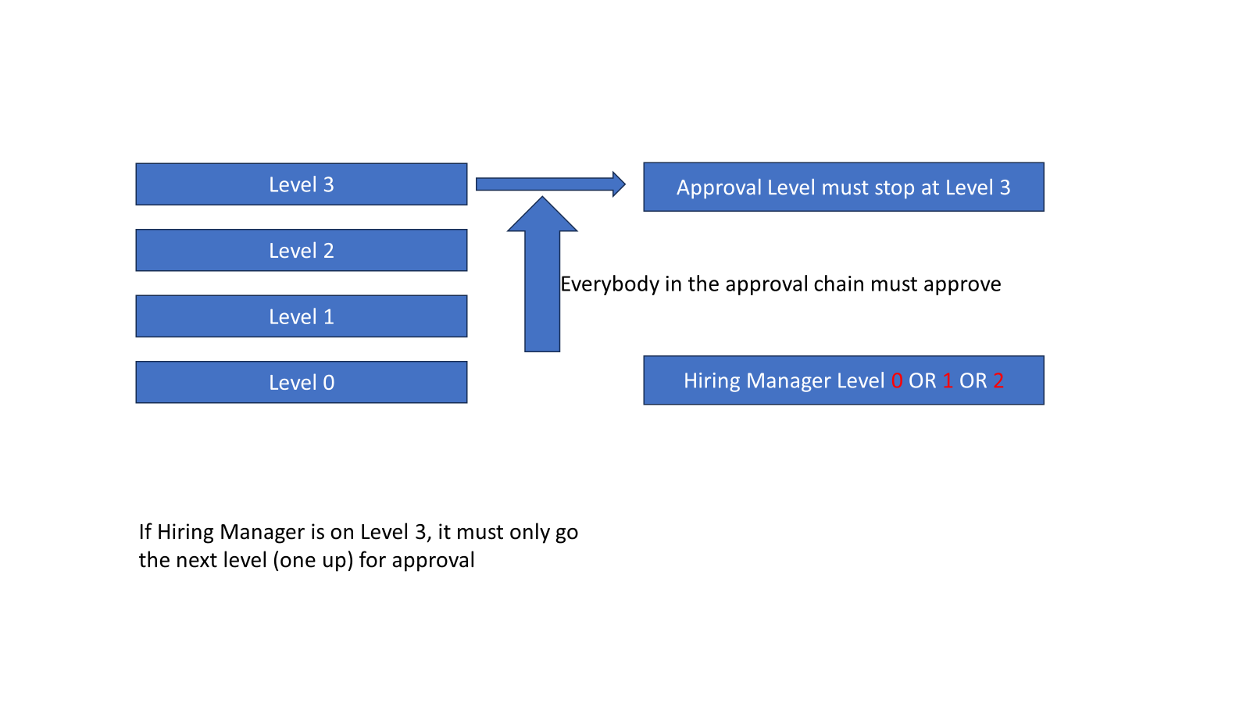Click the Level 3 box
pyautogui.click(x=301, y=184)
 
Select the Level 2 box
pyautogui.click(x=301, y=250)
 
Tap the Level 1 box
pyautogui.click(x=301, y=316)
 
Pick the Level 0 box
pyautogui.click(x=301, y=382)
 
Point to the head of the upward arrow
pyautogui.click(x=542, y=216)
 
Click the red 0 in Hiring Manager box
pyautogui.click(x=896, y=381)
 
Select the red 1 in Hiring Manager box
pyautogui.click(x=948, y=381)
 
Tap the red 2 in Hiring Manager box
pyautogui.click(x=998, y=381)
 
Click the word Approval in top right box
pyautogui.click(x=718, y=188)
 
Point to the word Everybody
pyautogui.click(x=609, y=284)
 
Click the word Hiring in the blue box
pyautogui.click(x=711, y=381)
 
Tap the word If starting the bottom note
pyautogui.click(x=145, y=532)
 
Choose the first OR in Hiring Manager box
pyautogui.click(x=922, y=381)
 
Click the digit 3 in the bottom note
pyautogui.click(x=420, y=532)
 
